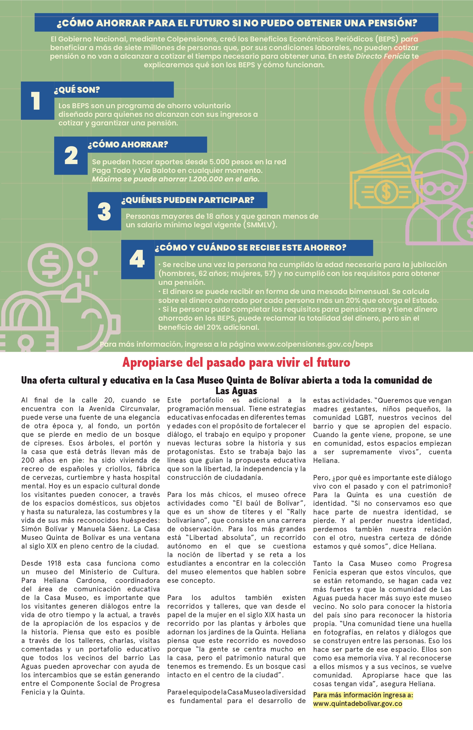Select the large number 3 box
click(x=104, y=211)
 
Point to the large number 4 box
click(x=137, y=259)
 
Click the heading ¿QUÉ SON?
click(x=77, y=90)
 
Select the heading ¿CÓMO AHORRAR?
click(x=128, y=145)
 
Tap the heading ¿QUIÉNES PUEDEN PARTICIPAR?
click(x=188, y=200)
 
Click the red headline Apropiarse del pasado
click(x=236, y=362)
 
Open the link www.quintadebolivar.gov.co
click(x=357, y=703)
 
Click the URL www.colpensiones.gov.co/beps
click(x=315, y=344)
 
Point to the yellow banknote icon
click(x=384, y=184)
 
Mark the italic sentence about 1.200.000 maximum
click(x=176, y=179)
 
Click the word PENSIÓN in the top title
click(x=392, y=23)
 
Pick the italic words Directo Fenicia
click(x=382, y=56)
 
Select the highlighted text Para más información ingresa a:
click(x=363, y=695)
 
